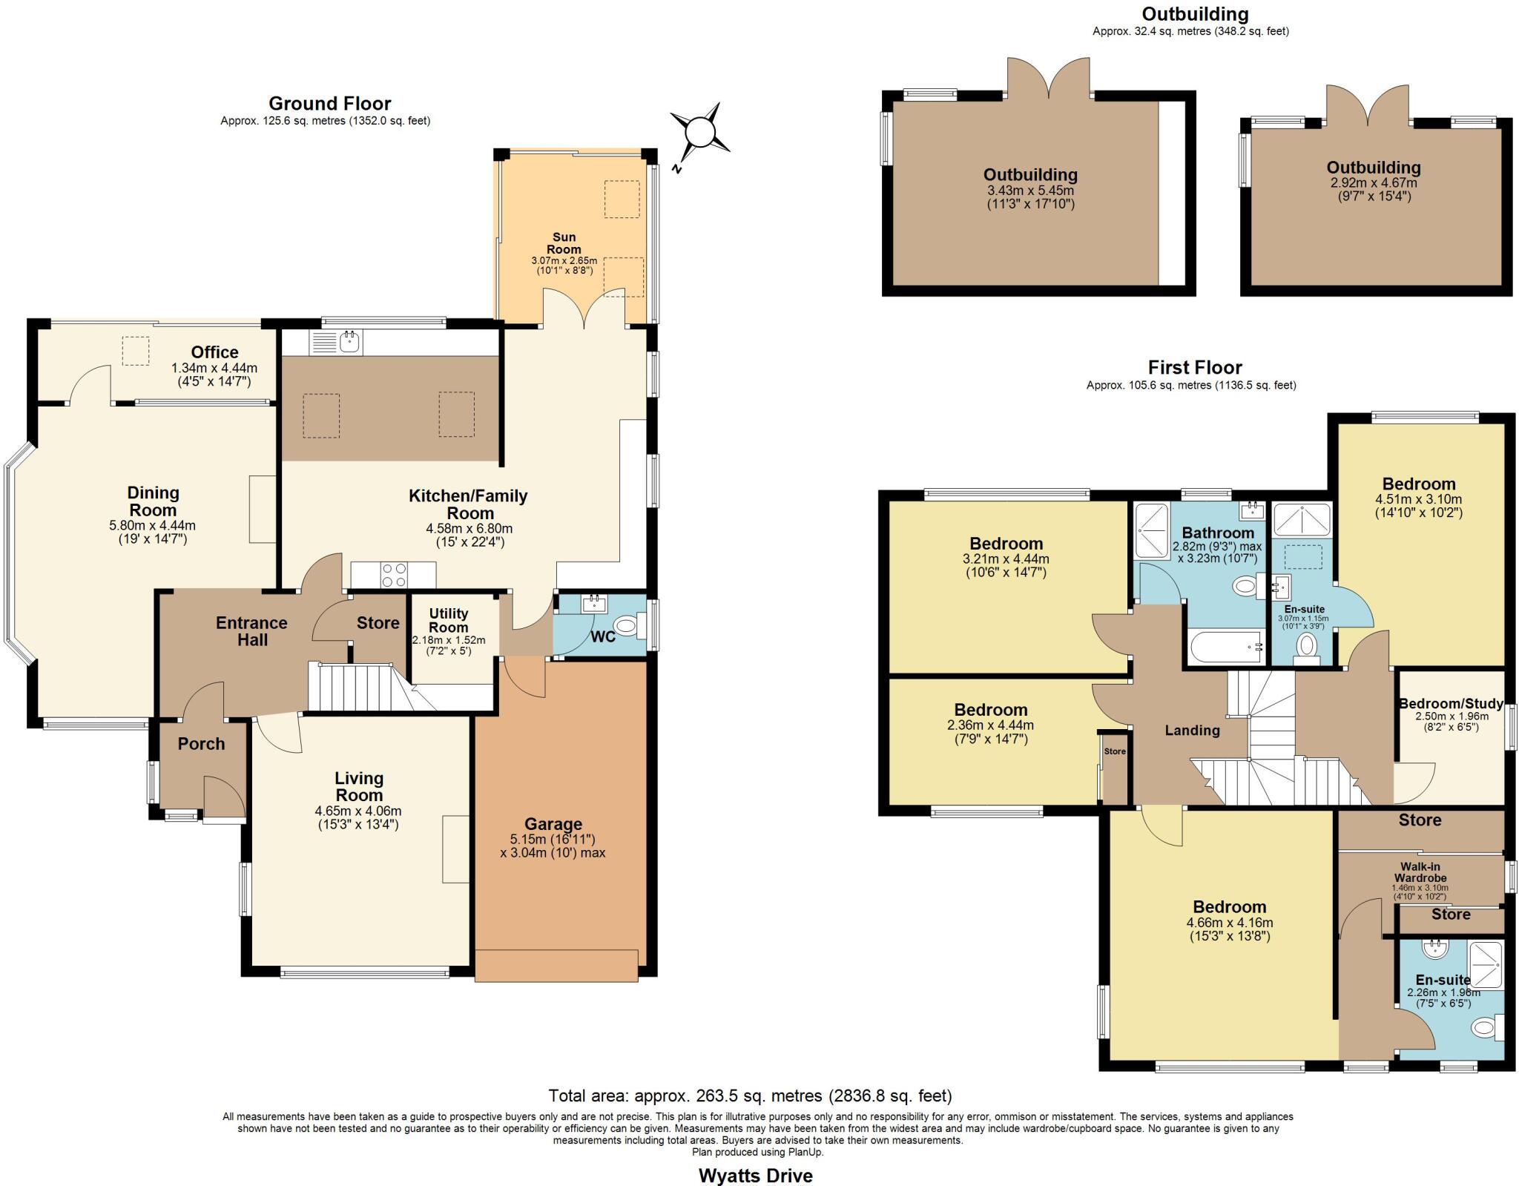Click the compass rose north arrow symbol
point(699,134)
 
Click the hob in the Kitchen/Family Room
point(394,575)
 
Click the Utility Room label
point(448,620)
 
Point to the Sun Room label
point(564,243)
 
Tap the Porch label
point(201,743)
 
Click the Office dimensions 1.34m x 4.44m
point(214,368)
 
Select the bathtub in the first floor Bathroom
point(1226,648)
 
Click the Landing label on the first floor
point(1192,730)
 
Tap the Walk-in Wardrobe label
point(1420,872)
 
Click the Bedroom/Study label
point(1451,703)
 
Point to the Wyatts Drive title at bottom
point(755,1176)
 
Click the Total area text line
point(750,1096)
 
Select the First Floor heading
point(1194,367)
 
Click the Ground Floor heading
point(329,103)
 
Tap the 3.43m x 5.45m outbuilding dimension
point(1030,190)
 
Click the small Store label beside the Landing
point(1114,751)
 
